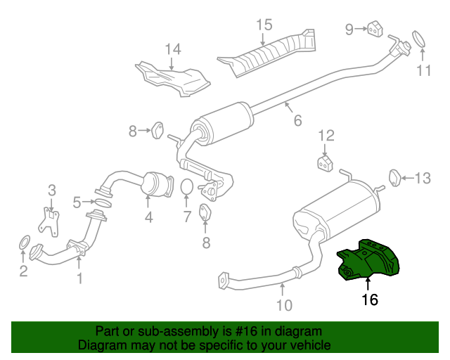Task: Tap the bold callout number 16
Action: pyautogui.click(x=370, y=300)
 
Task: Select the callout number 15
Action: pyautogui.click(x=264, y=25)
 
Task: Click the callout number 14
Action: pyautogui.click(x=173, y=49)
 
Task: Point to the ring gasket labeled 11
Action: pyautogui.click(x=419, y=39)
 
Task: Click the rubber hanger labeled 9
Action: pyautogui.click(x=375, y=29)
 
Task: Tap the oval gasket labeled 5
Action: pyautogui.click(x=103, y=202)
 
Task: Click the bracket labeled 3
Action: pyautogui.click(x=49, y=222)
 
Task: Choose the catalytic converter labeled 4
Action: pyautogui.click(x=157, y=184)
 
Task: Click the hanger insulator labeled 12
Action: pyautogui.click(x=325, y=164)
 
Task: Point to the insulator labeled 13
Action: pyautogui.click(x=395, y=178)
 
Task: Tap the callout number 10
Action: pyautogui.click(x=284, y=305)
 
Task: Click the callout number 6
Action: pyautogui.click(x=298, y=120)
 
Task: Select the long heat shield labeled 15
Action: pyautogui.click(x=267, y=53)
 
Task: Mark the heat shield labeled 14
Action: pyautogui.click(x=173, y=79)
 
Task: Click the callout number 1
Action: pyautogui.click(x=80, y=278)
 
